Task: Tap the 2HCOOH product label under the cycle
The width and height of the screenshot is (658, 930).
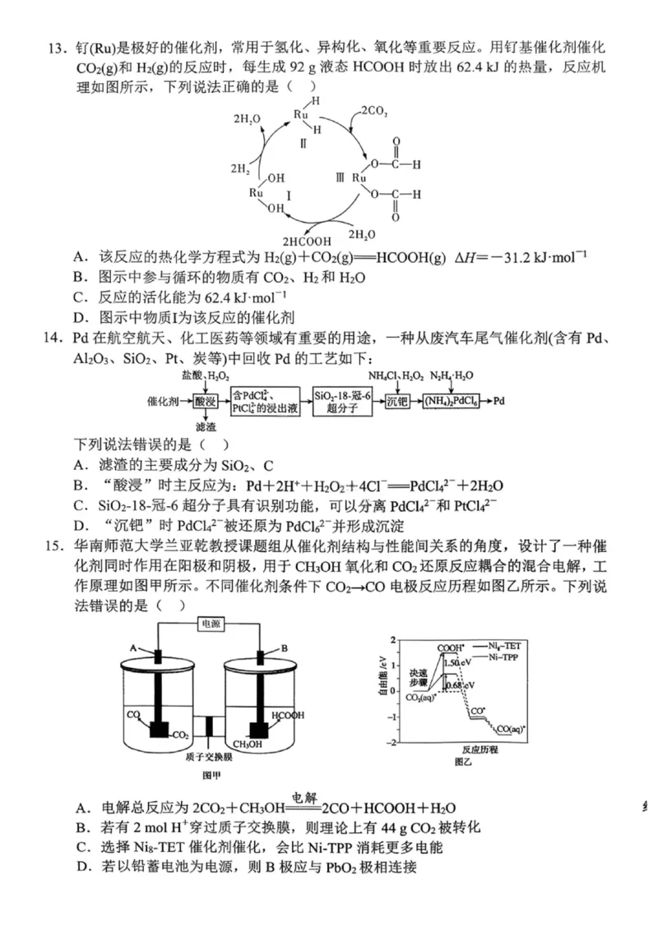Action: [x=307, y=242]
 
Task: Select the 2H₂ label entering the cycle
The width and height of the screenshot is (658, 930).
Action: [x=242, y=170]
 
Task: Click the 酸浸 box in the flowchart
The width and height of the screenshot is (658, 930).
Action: [x=205, y=402]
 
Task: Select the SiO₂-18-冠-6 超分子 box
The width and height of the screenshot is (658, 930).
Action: [x=341, y=402]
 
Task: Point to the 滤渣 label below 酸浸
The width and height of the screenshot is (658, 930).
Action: [x=205, y=427]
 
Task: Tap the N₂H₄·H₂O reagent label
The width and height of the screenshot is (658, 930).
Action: [x=452, y=376]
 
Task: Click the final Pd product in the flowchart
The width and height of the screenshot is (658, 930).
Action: [x=499, y=402]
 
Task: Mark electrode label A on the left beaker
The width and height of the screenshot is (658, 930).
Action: [x=132, y=648]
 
